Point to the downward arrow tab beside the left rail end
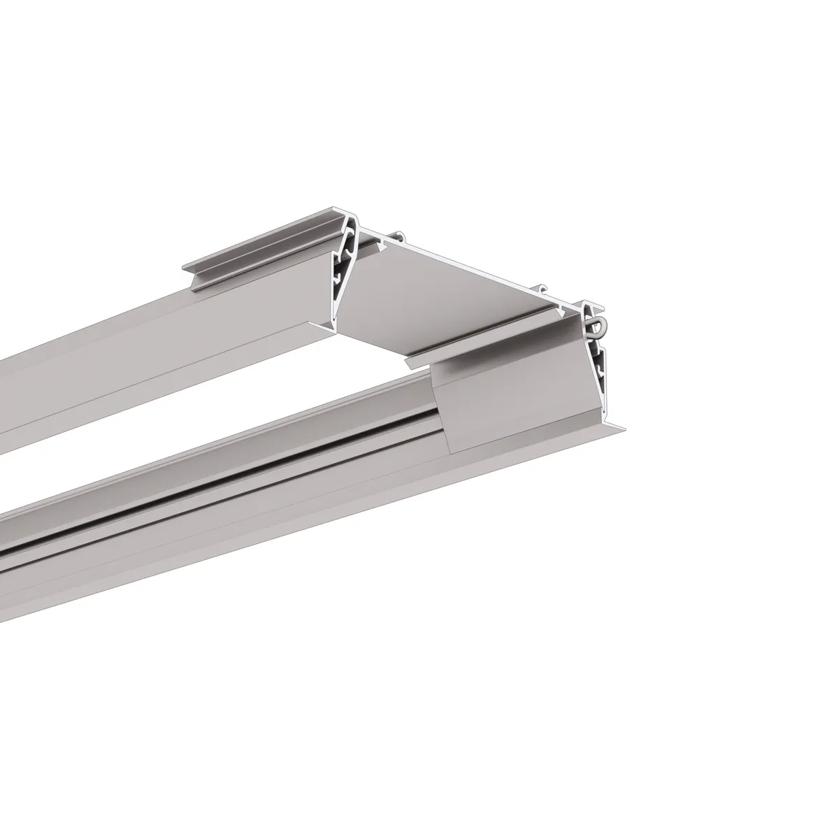pyautogui.click(x=380, y=245)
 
